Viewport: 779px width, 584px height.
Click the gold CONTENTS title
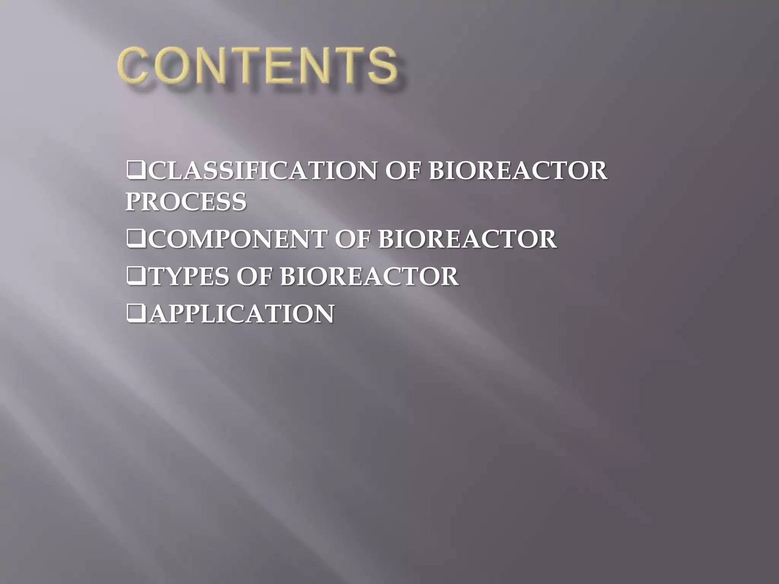tap(258, 65)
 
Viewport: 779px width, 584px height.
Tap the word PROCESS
tap(186, 202)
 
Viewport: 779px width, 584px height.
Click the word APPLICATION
tap(241, 314)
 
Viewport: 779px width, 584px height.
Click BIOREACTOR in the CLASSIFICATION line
tap(518, 171)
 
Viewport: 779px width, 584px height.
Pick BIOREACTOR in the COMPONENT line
tap(467, 239)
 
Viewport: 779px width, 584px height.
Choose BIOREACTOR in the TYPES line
tap(369, 276)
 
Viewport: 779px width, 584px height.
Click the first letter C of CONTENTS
tap(134, 65)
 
